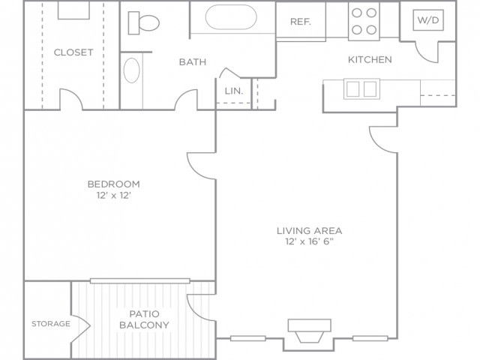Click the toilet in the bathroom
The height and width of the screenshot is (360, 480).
[143, 23]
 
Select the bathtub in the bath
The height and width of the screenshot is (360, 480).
[231, 17]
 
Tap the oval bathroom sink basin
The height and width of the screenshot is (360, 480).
[132, 70]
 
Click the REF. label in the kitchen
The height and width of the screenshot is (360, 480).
[301, 22]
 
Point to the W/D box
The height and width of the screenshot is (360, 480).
[428, 20]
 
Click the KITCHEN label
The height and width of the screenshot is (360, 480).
[370, 59]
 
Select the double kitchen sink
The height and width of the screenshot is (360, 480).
[361, 88]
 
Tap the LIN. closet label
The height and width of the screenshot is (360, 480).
[234, 91]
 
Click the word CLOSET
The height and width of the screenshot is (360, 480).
[73, 52]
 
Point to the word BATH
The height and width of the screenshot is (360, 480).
[193, 61]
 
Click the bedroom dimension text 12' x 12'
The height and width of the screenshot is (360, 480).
[114, 195]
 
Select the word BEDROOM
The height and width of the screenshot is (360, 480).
[114, 184]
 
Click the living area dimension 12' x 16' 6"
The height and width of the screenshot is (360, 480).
[309, 241]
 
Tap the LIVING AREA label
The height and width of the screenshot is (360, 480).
[310, 230]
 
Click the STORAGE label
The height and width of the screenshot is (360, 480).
[51, 323]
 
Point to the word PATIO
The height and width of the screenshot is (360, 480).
[144, 313]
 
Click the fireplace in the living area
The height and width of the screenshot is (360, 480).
[310, 331]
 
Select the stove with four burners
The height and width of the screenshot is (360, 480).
[364, 21]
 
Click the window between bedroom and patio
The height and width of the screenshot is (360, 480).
[140, 280]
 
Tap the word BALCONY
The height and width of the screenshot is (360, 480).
[144, 325]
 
